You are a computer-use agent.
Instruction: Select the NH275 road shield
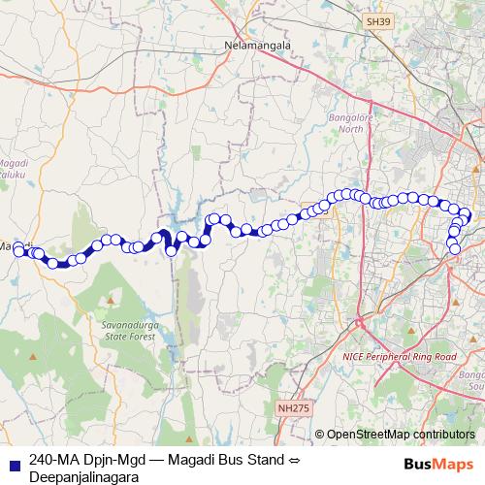pyautogui.click(x=290, y=408)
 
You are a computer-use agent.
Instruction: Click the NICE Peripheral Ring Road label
pyautogui.click(x=400, y=357)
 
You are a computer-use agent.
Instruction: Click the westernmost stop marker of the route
pyautogui.click(x=17, y=252)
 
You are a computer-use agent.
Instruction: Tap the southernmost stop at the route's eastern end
pyautogui.click(x=454, y=249)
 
